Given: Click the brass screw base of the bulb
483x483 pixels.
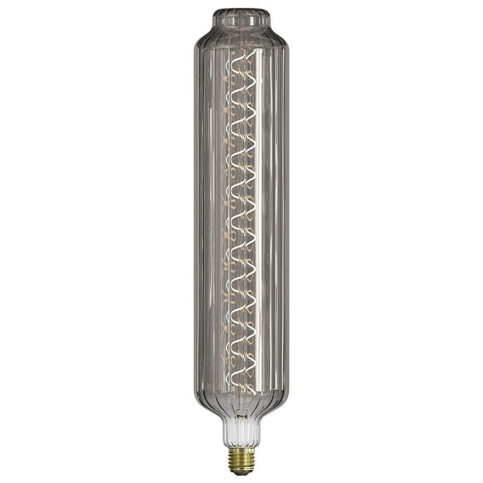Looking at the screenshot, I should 241,458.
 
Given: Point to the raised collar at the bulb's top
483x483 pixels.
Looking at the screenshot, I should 241,18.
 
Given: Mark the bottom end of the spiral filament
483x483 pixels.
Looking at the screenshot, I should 242,393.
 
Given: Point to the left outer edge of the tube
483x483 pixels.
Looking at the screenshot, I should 194,220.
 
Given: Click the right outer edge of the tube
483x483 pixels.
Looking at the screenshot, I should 289,220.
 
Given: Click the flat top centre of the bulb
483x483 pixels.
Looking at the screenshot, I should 241,11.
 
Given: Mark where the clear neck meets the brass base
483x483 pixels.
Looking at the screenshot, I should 241,445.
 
